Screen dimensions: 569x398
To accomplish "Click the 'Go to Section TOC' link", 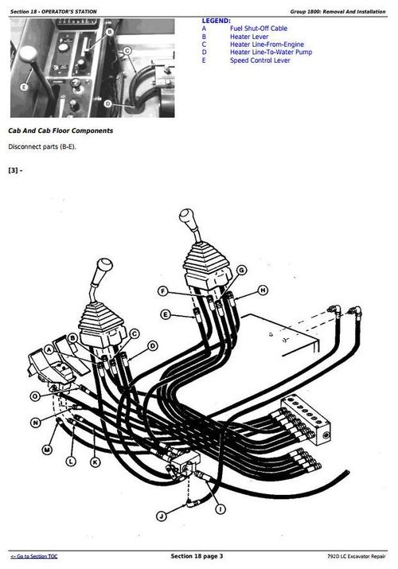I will point(37,555).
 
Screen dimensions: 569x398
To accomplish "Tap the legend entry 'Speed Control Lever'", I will point(260,60).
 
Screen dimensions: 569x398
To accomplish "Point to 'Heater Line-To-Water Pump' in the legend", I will point(271,53).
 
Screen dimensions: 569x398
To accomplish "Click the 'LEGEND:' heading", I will point(217,21).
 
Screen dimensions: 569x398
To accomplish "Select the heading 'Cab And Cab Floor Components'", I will point(60,131).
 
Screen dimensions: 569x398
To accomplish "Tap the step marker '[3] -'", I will point(15,170).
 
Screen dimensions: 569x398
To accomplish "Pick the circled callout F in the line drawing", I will point(162,290).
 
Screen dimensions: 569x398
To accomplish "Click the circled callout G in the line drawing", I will point(241,271).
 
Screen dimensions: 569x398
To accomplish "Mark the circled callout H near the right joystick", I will point(263,290).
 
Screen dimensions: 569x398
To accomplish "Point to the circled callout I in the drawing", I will point(220,508).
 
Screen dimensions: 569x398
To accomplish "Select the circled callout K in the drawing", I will point(96,462).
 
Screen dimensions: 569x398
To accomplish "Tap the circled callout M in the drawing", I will point(47,450).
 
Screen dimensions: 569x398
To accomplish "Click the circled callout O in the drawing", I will point(35,396).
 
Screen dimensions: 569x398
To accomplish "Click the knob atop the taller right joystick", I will point(185,217).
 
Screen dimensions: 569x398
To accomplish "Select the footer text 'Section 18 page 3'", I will point(197,555).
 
